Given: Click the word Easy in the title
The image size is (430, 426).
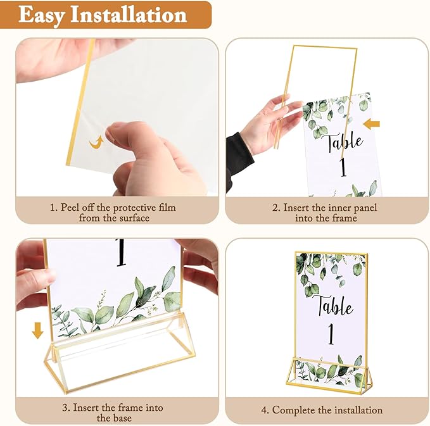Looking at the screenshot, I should [x=43, y=15].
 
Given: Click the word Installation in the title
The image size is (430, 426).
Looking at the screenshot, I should [x=131, y=15].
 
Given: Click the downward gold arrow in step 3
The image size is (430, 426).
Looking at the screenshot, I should [x=38, y=330].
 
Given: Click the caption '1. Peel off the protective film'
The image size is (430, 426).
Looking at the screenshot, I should [x=114, y=208].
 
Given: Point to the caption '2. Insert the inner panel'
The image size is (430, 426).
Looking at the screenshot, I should [x=326, y=208].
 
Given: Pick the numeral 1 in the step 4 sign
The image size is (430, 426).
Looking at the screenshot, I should [x=331, y=335].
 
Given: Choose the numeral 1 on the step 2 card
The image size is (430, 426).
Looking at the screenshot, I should [x=343, y=168].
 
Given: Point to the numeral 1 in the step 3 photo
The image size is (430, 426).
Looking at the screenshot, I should [x=121, y=253].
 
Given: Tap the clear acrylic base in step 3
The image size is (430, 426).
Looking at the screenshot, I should [x=120, y=354].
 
